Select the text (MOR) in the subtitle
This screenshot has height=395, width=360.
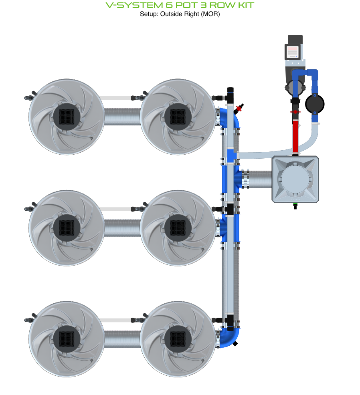coord(211,14)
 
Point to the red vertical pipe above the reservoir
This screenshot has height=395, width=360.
coord(295,136)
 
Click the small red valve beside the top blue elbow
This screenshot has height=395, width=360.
coord(240,108)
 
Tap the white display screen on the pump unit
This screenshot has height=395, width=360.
coord(293,52)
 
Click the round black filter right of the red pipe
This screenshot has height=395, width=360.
coord(315,104)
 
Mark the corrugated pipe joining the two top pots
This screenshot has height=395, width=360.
coord(122,117)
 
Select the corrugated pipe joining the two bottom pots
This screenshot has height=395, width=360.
coord(122,339)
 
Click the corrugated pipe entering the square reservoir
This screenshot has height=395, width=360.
coord(261,179)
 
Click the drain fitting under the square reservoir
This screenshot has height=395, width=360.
coord(295,206)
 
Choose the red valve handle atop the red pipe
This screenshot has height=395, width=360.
coord(295,112)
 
